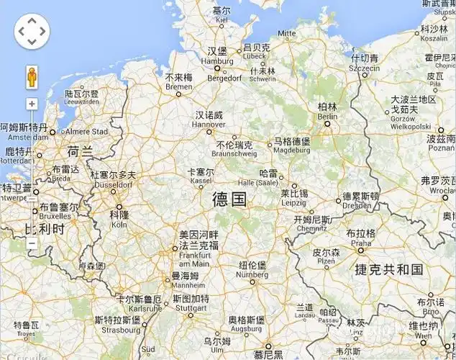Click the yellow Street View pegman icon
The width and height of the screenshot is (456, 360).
click(32, 76)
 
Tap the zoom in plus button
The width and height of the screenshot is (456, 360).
click(32, 104)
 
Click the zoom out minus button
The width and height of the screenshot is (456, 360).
click(32, 243)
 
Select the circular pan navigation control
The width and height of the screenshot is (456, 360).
click(32, 31)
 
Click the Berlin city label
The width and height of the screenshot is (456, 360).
click(327, 112)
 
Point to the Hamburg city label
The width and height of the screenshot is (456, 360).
click(217, 56)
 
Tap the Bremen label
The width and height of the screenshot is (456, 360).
click(178, 81)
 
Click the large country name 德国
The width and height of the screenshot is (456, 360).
click(229, 199)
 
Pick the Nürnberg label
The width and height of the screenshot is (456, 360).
click(252, 270)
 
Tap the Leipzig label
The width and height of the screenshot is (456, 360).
click(293, 198)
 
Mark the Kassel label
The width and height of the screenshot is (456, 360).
click(200, 177)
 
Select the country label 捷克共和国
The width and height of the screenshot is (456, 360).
click(388, 269)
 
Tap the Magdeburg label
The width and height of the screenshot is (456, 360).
click(292, 145)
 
